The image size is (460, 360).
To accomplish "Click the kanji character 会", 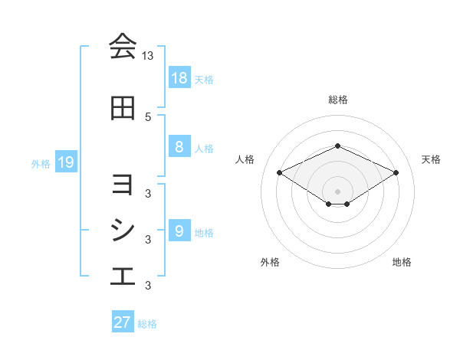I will point(123,47).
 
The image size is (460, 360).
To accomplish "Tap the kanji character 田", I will point(123,108).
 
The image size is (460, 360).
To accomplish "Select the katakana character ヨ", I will point(123,185).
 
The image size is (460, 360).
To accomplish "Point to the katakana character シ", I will point(123,231).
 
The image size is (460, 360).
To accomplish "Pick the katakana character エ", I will point(123,277).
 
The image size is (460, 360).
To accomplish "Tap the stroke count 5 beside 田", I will point(148,116).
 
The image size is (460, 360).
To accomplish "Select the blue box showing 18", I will point(179,78).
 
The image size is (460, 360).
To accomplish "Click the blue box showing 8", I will point(179,147).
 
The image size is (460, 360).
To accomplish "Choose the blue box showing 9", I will point(179,231).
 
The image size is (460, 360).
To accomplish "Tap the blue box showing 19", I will point(66,162).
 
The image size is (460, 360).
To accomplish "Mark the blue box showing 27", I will point(123,322).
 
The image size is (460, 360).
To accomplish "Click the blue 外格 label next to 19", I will point(41,163).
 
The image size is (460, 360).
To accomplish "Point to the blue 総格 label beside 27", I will point(148,324).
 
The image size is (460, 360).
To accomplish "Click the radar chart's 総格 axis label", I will point(338,100).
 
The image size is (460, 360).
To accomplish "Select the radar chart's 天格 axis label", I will point(432,159).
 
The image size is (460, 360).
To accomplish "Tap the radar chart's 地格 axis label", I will point(402,263).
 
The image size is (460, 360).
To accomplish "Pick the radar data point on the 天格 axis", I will point(396,173).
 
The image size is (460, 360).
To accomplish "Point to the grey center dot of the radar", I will point(337,191).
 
